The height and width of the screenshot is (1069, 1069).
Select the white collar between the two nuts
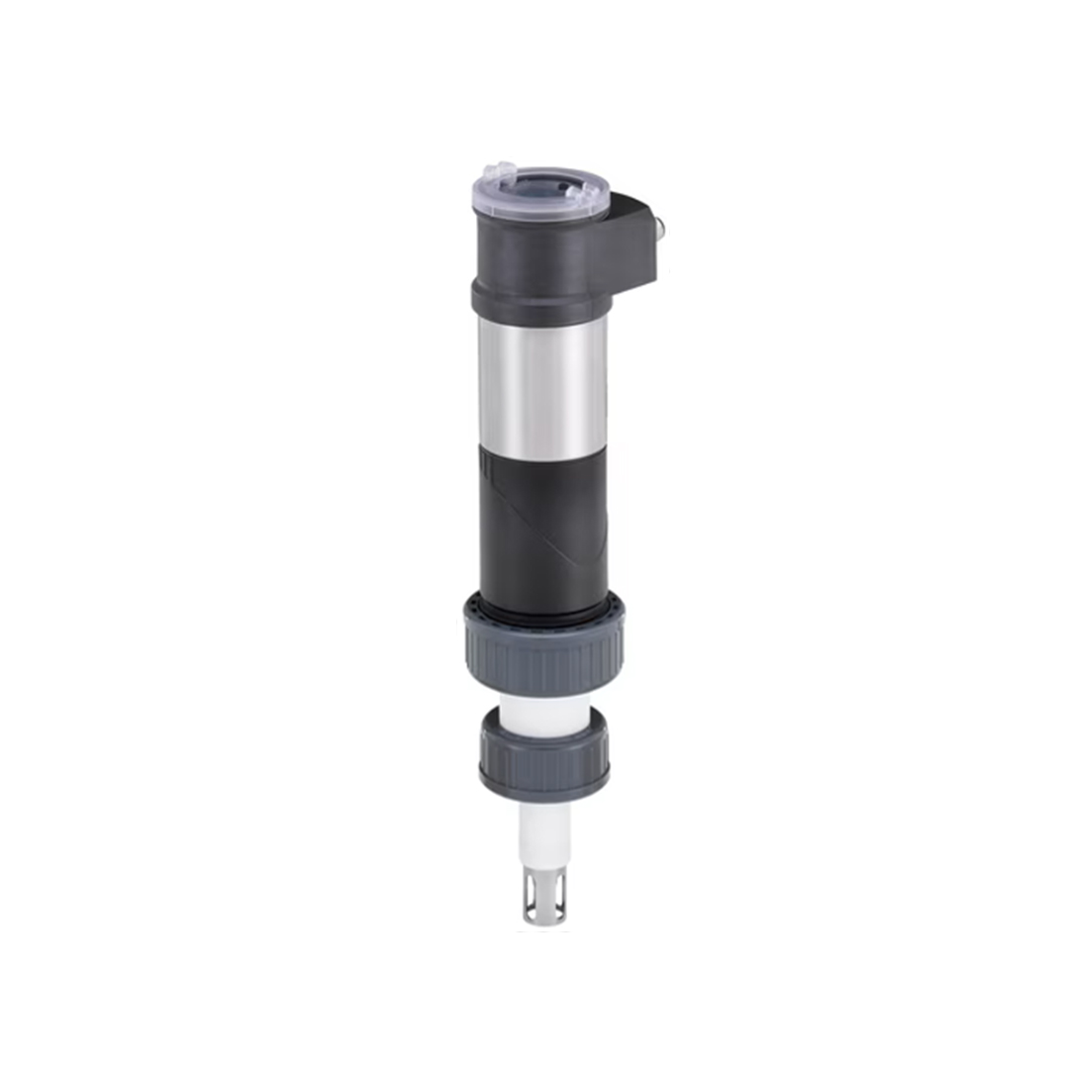[x=543, y=707]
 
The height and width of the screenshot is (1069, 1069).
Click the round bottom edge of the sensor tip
[x=543, y=923]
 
